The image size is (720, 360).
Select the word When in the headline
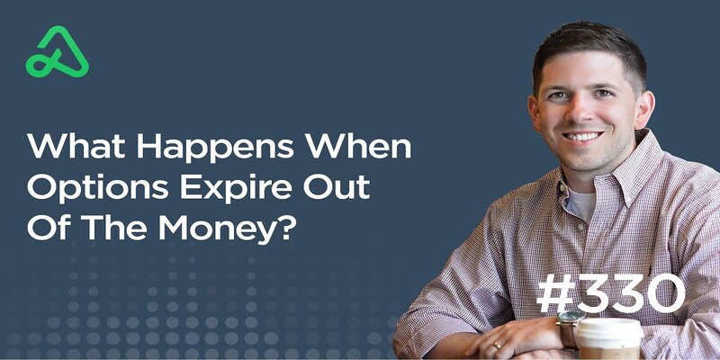click(x=358, y=146)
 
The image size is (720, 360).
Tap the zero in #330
click(x=662, y=293)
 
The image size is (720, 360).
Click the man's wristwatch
click(x=569, y=326)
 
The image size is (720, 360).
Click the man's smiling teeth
click(x=581, y=137)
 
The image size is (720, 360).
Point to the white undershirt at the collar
click(x=581, y=203)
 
